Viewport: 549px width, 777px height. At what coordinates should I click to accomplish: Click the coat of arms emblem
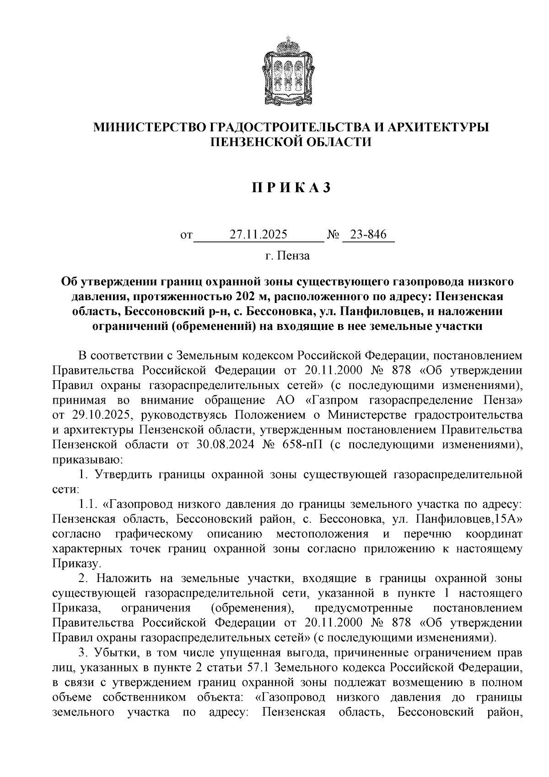(288, 72)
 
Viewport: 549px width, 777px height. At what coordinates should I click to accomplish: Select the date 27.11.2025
(258, 235)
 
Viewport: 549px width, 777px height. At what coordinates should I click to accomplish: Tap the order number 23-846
(368, 235)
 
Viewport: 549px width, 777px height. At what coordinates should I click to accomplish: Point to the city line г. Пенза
(287, 255)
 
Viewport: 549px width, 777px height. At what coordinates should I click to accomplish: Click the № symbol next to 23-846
(333, 235)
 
